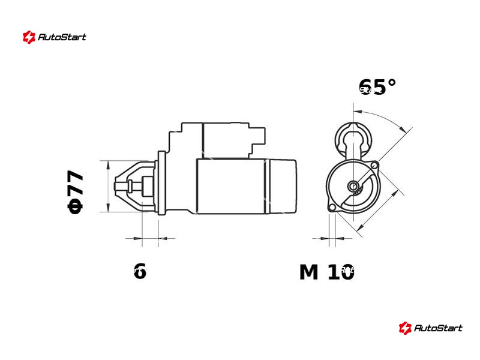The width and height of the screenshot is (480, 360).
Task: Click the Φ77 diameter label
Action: click(76, 191)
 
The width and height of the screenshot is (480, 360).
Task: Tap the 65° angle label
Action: click(377, 88)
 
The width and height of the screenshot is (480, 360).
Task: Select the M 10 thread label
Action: click(327, 272)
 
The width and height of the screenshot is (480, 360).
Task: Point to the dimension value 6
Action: click(140, 272)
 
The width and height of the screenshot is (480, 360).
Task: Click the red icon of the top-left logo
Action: click(29, 37)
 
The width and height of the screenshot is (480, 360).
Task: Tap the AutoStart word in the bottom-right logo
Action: click(439, 328)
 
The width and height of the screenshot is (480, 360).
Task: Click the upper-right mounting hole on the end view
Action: click(374, 165)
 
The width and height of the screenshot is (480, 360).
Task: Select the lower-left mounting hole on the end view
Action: click(331, 208)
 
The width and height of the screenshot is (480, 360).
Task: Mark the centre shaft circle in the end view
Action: click(353, 186)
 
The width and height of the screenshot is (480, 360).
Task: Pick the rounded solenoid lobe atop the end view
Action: click(353, 135)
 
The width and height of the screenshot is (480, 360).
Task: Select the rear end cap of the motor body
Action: click(282, 186)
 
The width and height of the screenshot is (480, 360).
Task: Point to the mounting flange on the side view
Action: click(161, 183)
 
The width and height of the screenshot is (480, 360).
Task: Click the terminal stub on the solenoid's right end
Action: click(259, 140)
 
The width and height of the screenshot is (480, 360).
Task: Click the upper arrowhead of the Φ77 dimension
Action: click(107, 164)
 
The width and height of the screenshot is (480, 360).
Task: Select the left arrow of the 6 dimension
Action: click(136, 238)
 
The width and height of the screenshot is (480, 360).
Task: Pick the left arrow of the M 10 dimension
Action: click(323, 239)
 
